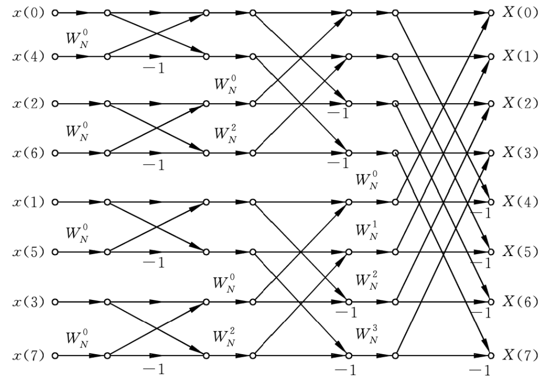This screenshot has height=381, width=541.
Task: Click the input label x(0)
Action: pyautogui.click(x=28, y=13)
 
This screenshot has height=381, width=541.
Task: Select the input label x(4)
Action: pyautogui.click(x=28, y=56)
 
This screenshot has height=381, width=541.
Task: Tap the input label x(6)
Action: pyautogui.click(x=28, y=153)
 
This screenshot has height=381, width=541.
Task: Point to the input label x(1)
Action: pyautogui.click(x=28, y=202)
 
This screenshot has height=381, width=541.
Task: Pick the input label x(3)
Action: pyautogui.click(x=28, y=303)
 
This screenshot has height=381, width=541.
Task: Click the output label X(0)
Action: pyautogui.click(x=520, y=13)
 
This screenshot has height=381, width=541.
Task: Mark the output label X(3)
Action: pyautogui.click(x=520, y=152)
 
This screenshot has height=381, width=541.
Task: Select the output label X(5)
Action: pyautogui.click(x=520, y=252)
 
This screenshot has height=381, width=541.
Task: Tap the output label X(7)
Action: pyautogui.click(x=520, y=355)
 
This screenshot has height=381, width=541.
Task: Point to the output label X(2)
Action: pyautogui.click(x=520, y=103)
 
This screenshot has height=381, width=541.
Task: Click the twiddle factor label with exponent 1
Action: pyautogui.click(x=367, y=231)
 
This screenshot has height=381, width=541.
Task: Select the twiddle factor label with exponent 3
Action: pyautogui.click(x=367, y=335)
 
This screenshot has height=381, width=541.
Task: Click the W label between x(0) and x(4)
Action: pyautogui.click(x=77, y=40)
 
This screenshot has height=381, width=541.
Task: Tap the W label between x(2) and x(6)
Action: pyautogui.click(x=77, y=132)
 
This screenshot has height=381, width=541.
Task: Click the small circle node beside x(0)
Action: pyautogui.click(x=55, y=13)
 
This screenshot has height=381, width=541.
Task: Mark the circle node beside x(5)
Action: pyautogui.click(x=55, y=252)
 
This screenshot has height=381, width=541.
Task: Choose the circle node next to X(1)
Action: pyautogui.click(x=490, y=56)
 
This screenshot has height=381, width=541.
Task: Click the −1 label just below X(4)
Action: pyautogui.click(x=481, y=214)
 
